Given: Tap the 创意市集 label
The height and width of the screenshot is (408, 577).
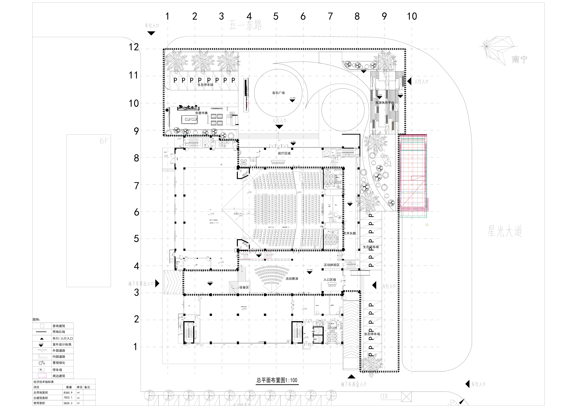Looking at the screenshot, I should pyautogui.click(x=202, y=113).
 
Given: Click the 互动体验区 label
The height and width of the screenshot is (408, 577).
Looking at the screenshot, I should pyautogui.click(x=331, y=265).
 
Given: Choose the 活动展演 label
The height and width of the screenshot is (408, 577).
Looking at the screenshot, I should pyautogui.click(x=292, y=279).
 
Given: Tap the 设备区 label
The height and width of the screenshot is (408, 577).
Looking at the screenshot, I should pyautogui.click(x=244, y=287).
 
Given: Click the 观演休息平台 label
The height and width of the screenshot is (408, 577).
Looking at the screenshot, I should pyautogui.click(x=385, y=103).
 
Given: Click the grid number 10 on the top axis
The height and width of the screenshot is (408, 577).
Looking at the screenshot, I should pyautogui.click(x=412, y=17).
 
